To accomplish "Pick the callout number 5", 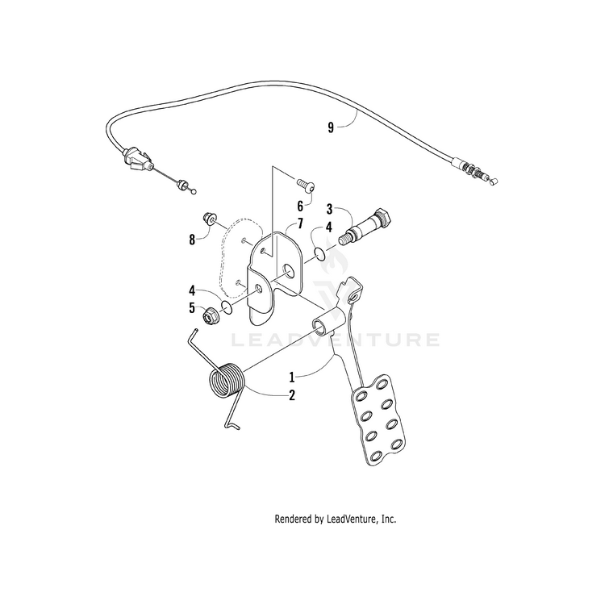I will [192, 307].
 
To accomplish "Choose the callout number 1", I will [293, 376].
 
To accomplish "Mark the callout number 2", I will [292, 395].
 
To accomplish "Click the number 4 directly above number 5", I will [192, 290].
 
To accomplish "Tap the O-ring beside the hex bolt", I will [320, 255].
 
